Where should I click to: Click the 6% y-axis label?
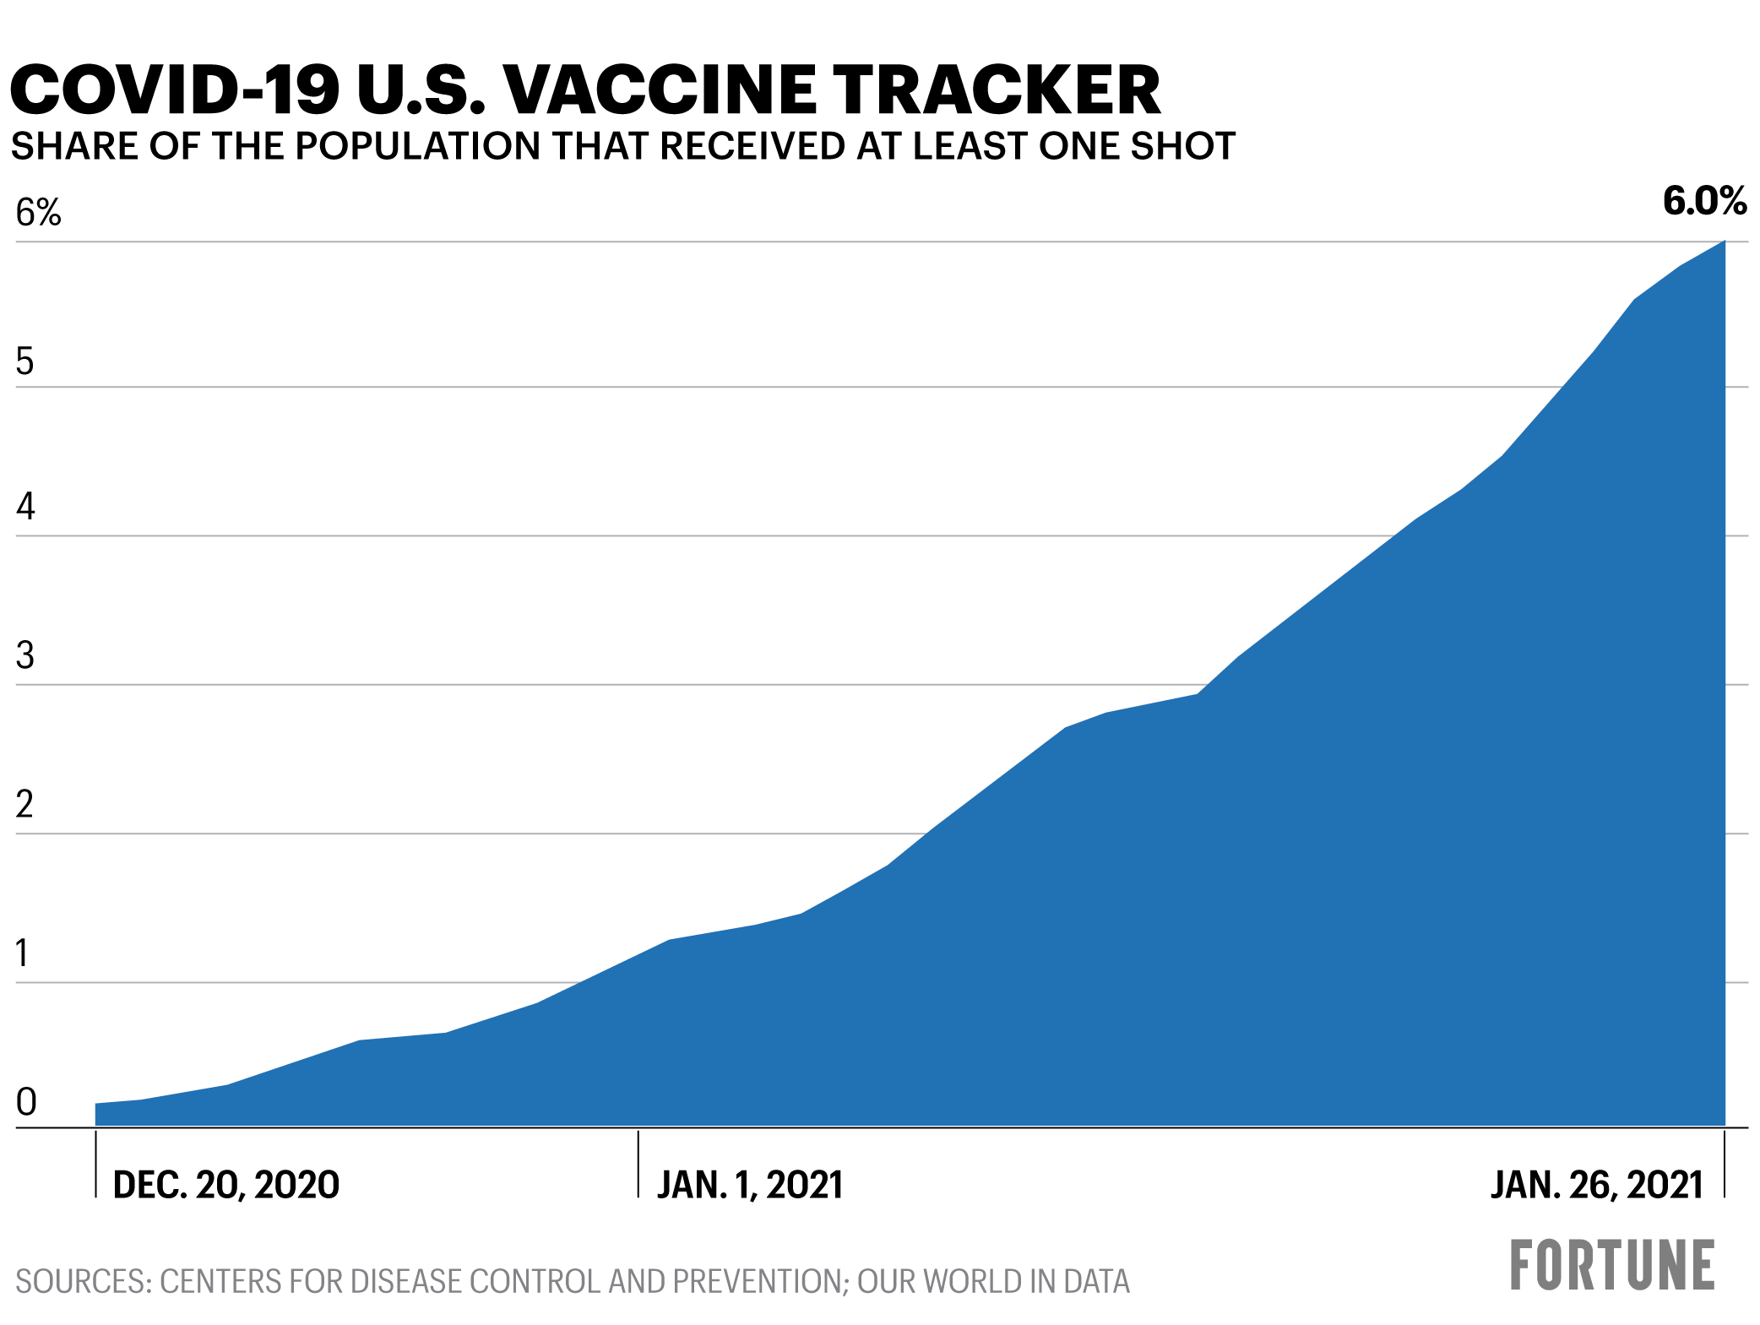pyautogui.click(x=38, y=213)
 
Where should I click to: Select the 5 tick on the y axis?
pyautogui.click(x=25, y=361)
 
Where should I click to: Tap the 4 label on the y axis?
pyautogui.click(x=25, y=507)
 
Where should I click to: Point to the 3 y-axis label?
pyautogui.click(x=25, y=656)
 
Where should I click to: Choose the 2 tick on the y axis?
pyautogui.click(x=25, y=805)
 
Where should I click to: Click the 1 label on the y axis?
pyautogui.click(x=23, y=953)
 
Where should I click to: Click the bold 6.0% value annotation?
pyautogui.click(x=1703, y=201)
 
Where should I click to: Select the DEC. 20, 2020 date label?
pyautogui.click(x=225, y=1186)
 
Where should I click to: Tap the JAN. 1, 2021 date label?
pyautogui.click(x=750, y=1186)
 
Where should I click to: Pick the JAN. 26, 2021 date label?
pyautogui.click(x=1596, y=1186)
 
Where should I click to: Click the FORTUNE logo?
pyautogui.click(x=1611, y=1266)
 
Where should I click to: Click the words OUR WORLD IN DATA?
pyautogui.click(x=993, y=1282)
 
